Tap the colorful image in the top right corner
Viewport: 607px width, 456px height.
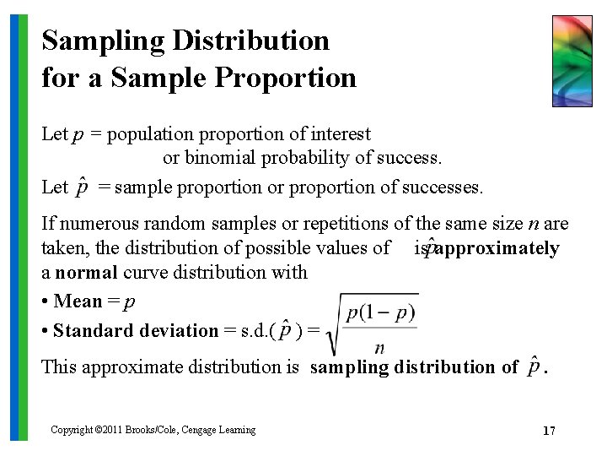(x=572, y=61)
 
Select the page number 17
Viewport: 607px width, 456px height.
(x=549, y=431)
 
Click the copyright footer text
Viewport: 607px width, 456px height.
(x=153, y=430)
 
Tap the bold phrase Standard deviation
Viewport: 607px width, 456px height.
(x=136, y=331)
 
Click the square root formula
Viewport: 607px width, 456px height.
(x=376, y=323)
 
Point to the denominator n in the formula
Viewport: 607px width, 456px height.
(x=380, y=347)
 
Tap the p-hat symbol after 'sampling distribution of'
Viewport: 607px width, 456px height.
(x=534, y=366)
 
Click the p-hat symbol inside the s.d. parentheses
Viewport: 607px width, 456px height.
(x=287, y=329)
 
